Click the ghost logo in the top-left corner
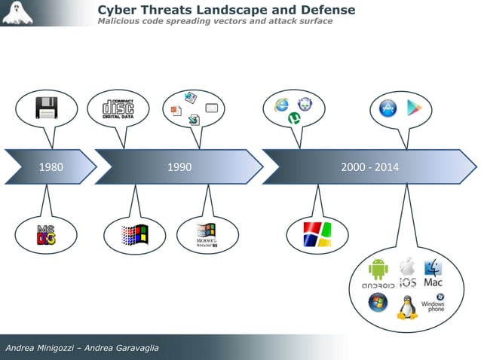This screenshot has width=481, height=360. click(17, 13)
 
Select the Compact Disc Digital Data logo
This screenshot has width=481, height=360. click(118, 108)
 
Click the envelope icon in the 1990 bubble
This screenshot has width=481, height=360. click(212, 109)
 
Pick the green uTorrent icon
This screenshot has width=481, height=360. click(293, 118)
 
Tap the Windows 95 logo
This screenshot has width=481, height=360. click(206, 235)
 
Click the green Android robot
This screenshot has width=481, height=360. click(378, 269)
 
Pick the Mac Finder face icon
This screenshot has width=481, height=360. click(434, 267)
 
